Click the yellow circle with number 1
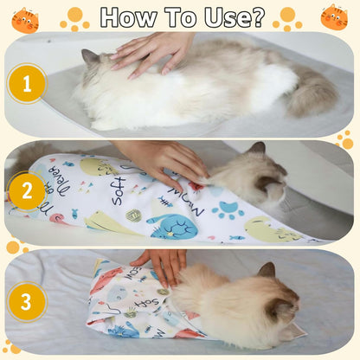coord(26,84)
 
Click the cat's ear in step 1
coord(88,58)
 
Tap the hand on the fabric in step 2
coord(164,160)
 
